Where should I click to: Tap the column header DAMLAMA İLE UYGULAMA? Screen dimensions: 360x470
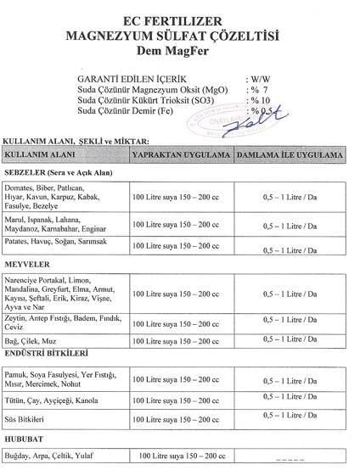(289, 157)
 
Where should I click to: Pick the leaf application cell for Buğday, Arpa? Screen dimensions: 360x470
(180, 456)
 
